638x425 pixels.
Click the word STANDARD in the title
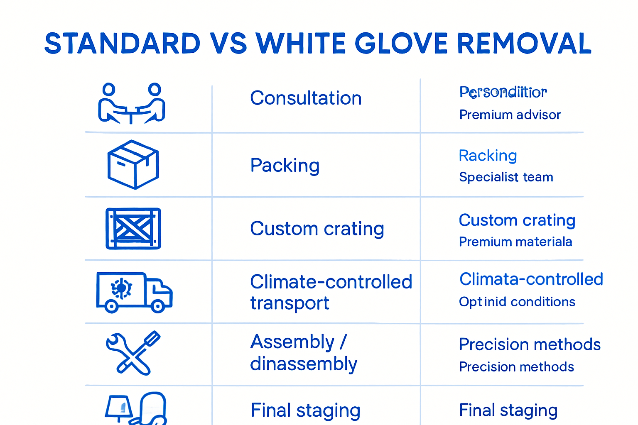(123, 44)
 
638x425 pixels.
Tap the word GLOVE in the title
(401, 44)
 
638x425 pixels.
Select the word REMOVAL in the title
(524, 44)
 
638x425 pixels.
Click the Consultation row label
(306, 98)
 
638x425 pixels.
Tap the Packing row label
(285, 166)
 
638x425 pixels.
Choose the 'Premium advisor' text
(510, 115)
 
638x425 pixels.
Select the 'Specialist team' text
(506, 177)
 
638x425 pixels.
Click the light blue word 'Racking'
(488, 156)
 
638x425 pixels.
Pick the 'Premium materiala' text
(515, 242)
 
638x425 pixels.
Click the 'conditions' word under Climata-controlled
(543, 302)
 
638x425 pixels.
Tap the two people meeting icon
(131, 104)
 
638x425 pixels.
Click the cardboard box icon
(133, 164)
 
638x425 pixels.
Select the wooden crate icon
(133, 229)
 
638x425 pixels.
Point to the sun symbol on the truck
(121, 288)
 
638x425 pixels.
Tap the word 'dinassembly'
(304, 364)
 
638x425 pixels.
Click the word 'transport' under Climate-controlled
(290, 303)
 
